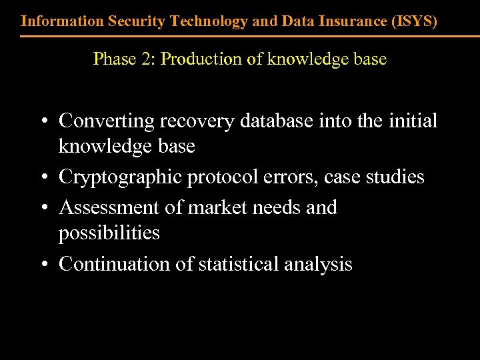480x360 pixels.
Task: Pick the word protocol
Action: pos(220,177)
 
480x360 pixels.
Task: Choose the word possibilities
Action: pos(109,233)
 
